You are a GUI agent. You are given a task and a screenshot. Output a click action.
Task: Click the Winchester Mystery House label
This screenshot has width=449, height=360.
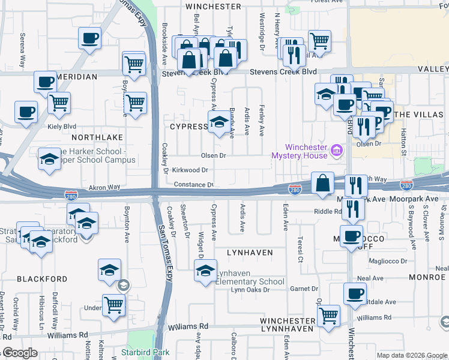(x=306, y=151)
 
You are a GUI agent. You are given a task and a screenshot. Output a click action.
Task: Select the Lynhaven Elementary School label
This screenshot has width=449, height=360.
(x=250, y=277)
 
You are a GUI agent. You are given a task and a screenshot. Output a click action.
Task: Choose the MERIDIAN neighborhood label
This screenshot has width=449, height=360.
(x=77, y=77)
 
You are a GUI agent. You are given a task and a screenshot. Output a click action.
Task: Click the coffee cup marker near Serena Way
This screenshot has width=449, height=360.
(x=89, y=38)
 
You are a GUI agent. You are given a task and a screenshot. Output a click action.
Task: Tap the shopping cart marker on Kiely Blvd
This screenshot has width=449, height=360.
(x=59, y=103)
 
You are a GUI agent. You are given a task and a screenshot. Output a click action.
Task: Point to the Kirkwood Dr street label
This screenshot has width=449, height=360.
(x=190, y=170)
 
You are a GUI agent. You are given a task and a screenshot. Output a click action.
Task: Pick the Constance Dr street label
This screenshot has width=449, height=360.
(x=194, y=184)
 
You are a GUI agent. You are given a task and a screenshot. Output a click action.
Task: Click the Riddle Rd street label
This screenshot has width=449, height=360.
(x=327, y=212)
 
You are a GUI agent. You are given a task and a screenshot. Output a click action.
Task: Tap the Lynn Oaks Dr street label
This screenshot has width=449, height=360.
(x=250, y=290)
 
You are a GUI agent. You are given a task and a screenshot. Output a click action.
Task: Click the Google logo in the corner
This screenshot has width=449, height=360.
(x=20, y=353)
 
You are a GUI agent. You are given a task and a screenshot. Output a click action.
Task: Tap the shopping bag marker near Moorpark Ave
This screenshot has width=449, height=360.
(x=323, y=184)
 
